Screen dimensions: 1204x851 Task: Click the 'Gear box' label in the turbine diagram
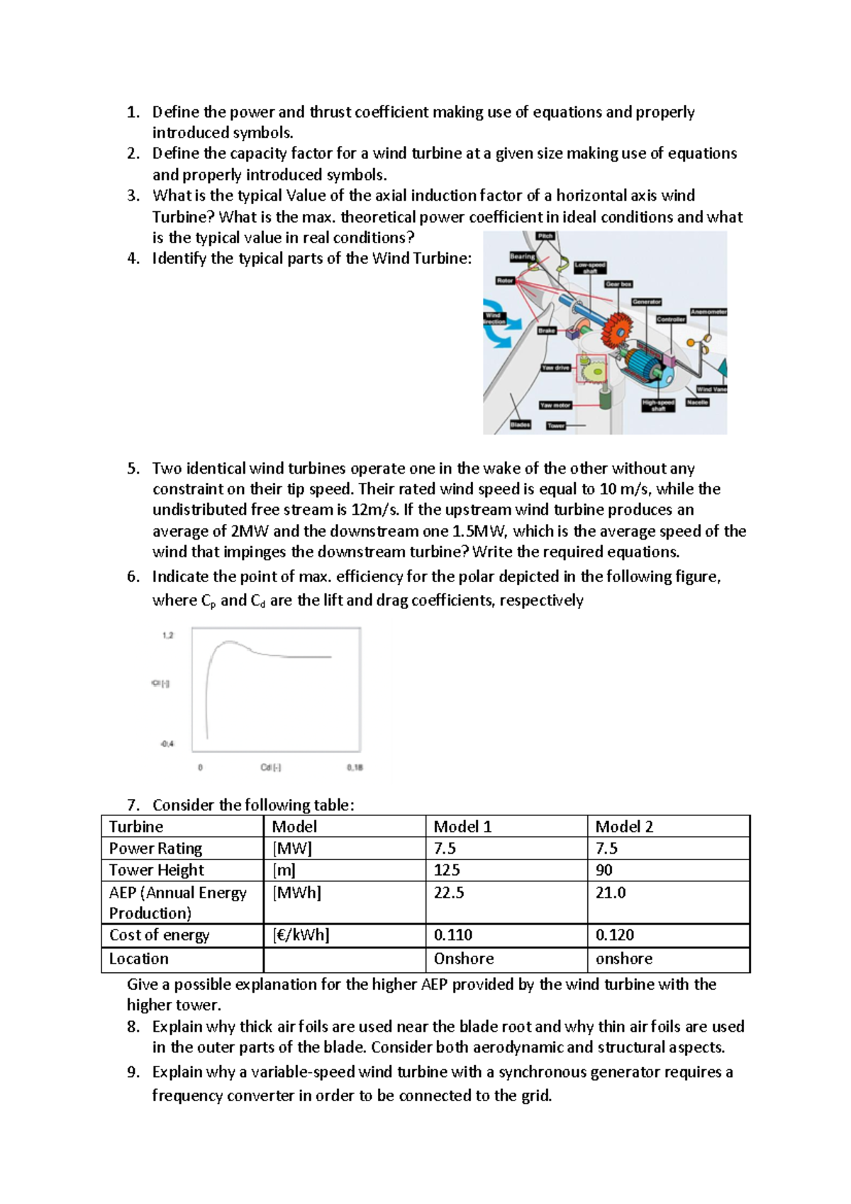tap(618, 284)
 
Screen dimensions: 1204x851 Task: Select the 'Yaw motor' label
tap(555, 405)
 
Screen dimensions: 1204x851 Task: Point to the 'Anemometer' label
tap(708, 311)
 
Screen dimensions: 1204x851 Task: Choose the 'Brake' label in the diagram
tap(546, 330)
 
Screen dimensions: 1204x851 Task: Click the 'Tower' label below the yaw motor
tap(556, 425)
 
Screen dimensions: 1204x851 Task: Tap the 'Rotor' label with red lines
tap(505, 280)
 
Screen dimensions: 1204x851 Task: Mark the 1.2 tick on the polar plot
tap(167, 635)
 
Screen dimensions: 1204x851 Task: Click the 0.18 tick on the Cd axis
tap(355, 767)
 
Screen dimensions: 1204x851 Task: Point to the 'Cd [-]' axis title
tap(271, 767)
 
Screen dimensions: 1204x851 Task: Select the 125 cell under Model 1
tap(447, 870)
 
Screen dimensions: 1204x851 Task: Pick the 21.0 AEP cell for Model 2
tap(611, 893)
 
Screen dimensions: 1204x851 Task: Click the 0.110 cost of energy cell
tap(453, 935)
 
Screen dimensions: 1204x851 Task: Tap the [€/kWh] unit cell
tap(301, 935)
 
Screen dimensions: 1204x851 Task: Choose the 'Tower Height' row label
tap(157, 870)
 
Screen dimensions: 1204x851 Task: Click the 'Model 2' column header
tap(624, 827)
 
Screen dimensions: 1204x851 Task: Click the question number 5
tap(133, 469)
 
